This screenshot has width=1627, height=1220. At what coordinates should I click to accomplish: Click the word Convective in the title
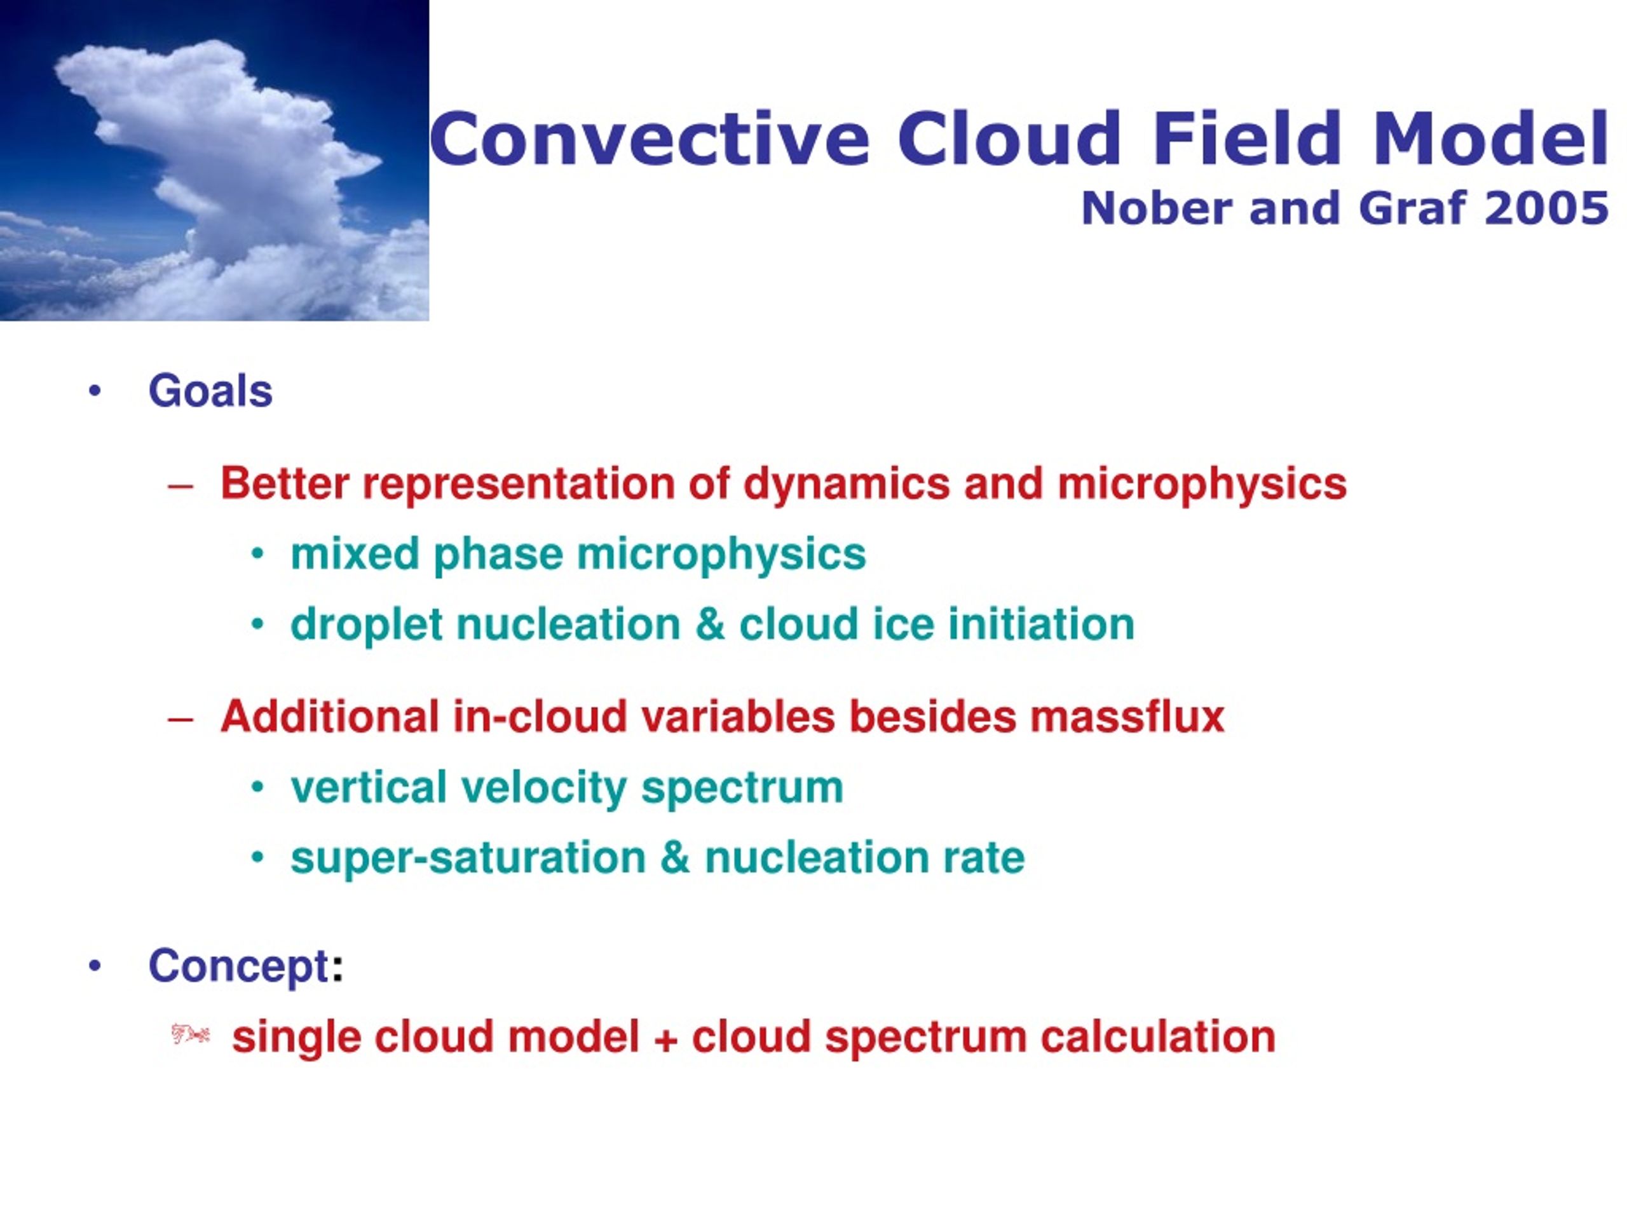click(650, 139)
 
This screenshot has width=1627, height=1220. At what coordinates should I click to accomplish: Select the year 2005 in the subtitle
click(1547, 208)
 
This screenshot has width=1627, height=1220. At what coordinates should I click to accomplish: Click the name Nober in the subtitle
click(1156, 208)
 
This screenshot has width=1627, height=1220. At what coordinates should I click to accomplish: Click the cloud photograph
click(214, 160)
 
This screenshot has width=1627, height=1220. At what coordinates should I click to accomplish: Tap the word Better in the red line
click(285, 484)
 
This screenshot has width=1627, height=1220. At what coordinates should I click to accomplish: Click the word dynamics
click(847, 484)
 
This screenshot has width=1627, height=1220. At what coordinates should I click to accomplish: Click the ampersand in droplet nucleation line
click(710, 625)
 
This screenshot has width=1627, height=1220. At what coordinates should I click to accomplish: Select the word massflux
click(1127, 717)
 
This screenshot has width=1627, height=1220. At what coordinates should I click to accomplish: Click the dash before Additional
click(180, 719)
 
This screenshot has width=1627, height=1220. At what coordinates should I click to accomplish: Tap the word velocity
click(543, 787)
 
